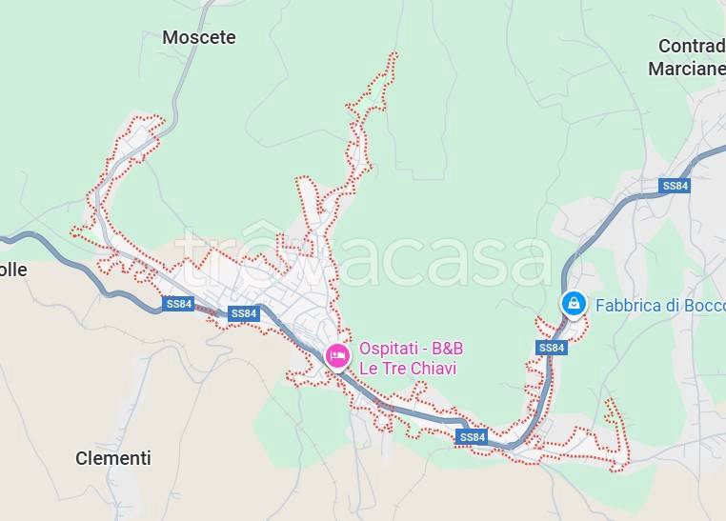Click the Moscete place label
(198, 37)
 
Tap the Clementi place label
(113, 458)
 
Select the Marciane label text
(686, 69)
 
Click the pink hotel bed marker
(336, 356)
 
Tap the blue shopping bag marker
(573, 304)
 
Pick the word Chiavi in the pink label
(434, 368)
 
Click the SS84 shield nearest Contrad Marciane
(675, 186)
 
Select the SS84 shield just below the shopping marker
(551, 348)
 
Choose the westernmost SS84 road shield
(178, 305)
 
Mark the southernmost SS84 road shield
(472, 437)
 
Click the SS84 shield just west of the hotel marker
(244, 313)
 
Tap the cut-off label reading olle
(13, 270)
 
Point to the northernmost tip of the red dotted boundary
(392, 54)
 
